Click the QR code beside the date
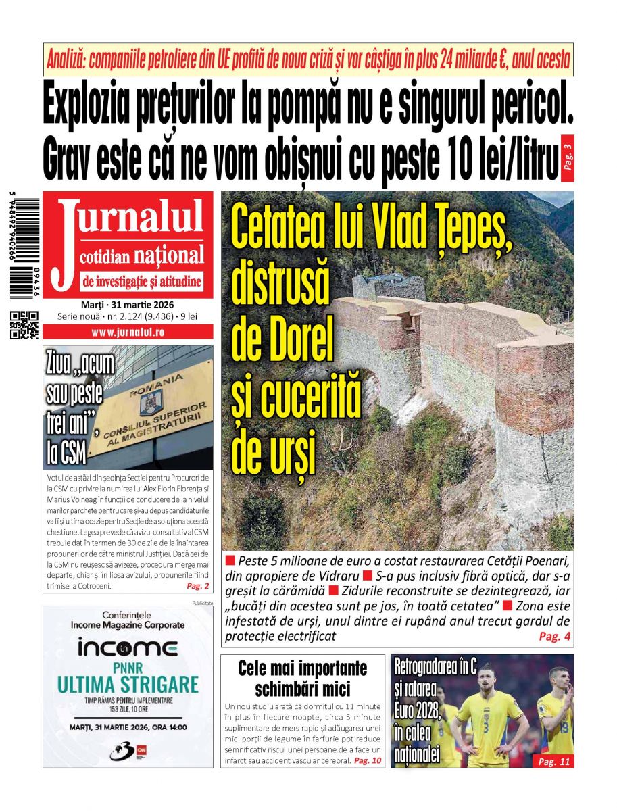coord(24,324)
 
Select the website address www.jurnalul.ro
coord(128,333)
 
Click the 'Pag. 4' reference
coord(554,637)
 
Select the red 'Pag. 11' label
coord(553,762)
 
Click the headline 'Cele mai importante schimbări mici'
coord(303,679)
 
